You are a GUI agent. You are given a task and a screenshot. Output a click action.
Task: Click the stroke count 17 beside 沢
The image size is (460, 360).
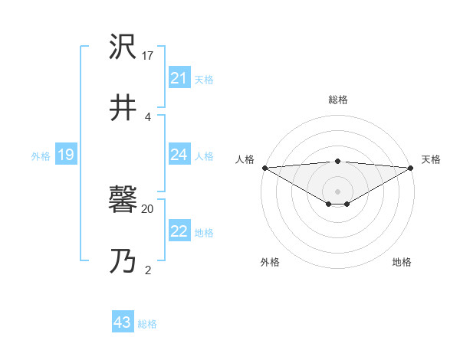pos(148,56)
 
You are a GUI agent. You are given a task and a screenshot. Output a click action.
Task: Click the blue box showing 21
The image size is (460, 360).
pos(179,78)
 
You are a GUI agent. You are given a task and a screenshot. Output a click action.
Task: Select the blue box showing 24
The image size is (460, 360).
pos(179,155)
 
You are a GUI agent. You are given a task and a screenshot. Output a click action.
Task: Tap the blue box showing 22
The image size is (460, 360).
pos(179,231)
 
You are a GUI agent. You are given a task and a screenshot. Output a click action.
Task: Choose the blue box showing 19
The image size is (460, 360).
pos(66,155)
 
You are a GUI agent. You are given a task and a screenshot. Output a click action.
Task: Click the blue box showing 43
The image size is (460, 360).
pos(123,322)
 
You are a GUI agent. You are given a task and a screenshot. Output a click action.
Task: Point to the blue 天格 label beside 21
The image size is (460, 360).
pos(204,79)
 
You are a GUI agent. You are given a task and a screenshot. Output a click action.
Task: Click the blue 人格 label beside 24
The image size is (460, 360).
pos(204,155)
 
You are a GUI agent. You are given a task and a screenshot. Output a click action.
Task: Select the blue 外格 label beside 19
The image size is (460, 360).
pos(41,155)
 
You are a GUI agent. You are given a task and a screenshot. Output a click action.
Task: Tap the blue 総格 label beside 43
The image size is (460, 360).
pos(147,323)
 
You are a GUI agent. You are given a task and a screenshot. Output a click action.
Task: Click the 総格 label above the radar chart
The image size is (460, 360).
pos(338,100)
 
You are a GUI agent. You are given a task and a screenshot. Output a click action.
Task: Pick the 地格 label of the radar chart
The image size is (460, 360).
pos(402,262)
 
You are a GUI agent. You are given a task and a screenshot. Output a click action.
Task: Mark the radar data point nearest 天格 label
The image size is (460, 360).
pos(412,167)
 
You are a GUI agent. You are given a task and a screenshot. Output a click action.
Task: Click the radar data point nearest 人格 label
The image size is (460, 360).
pos(264,167)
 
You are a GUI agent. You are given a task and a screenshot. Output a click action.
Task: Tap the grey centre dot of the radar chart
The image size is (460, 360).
pos(338,191)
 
